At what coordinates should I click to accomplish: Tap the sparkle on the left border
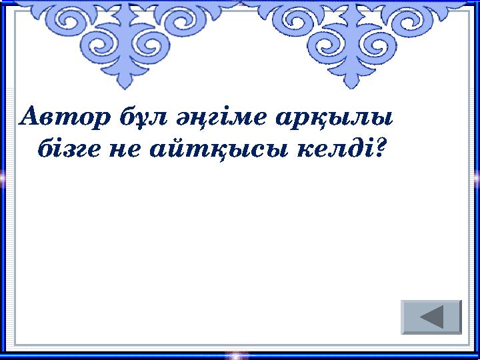(3, 177)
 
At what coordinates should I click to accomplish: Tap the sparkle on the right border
(477, 177)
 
